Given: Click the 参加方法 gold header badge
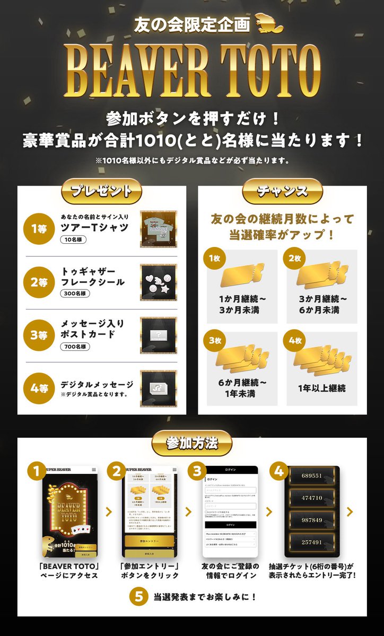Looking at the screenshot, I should tap(191, 442).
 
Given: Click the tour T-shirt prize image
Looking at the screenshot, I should tap(158, 229).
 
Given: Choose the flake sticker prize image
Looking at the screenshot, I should tap(158, 282).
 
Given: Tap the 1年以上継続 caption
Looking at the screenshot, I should tap(322, 388).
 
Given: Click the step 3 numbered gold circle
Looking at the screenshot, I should tap(197, 470).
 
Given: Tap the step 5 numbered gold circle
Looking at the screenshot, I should tap(139, 596).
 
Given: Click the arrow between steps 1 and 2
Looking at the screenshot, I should tap(109, 512).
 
